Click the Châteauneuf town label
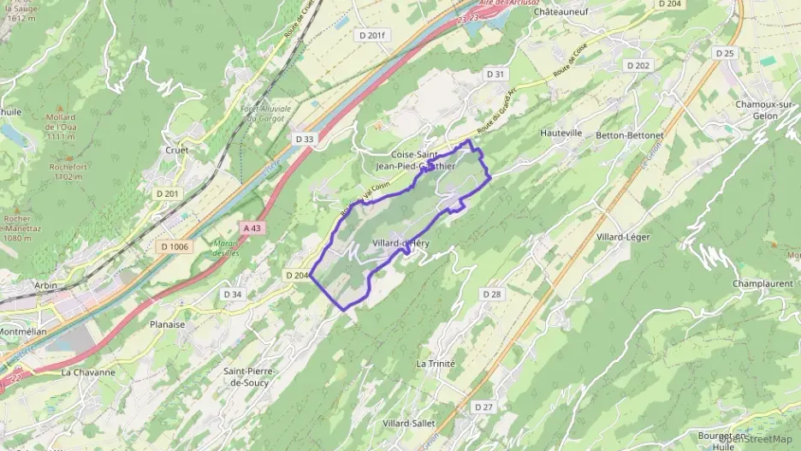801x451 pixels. coord(561,12)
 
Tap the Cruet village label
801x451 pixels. coord(178,151)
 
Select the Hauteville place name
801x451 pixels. coord(561,134)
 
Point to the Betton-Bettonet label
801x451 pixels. coord(632,134)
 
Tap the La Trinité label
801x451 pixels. coord(436,364)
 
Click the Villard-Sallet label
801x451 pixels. coord(409,424)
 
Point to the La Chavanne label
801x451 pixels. coord(87,372)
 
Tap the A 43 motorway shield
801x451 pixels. coord(252,228)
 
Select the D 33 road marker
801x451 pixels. coord(304,139)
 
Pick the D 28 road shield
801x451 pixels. coord(490,294)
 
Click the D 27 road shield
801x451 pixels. coord(484,406)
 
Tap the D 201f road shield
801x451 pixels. coord(371,35)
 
